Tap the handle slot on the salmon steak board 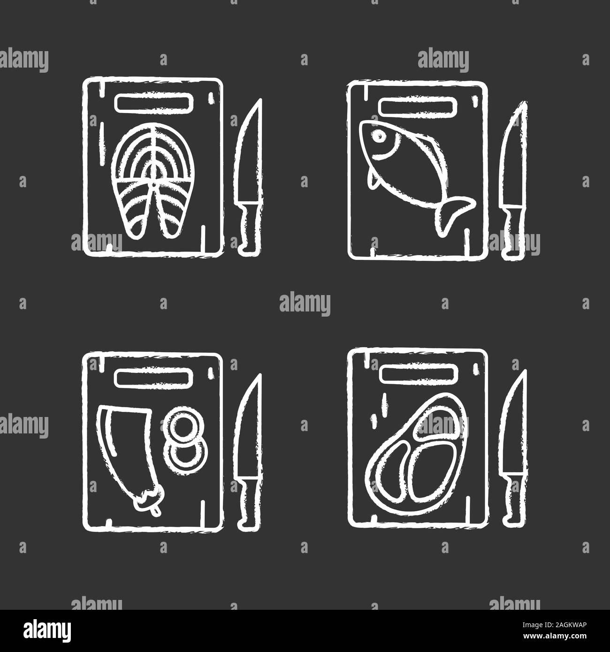pyautogui.click(x=152, y=103)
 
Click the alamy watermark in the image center pyautogui.click(x=305, y=303)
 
